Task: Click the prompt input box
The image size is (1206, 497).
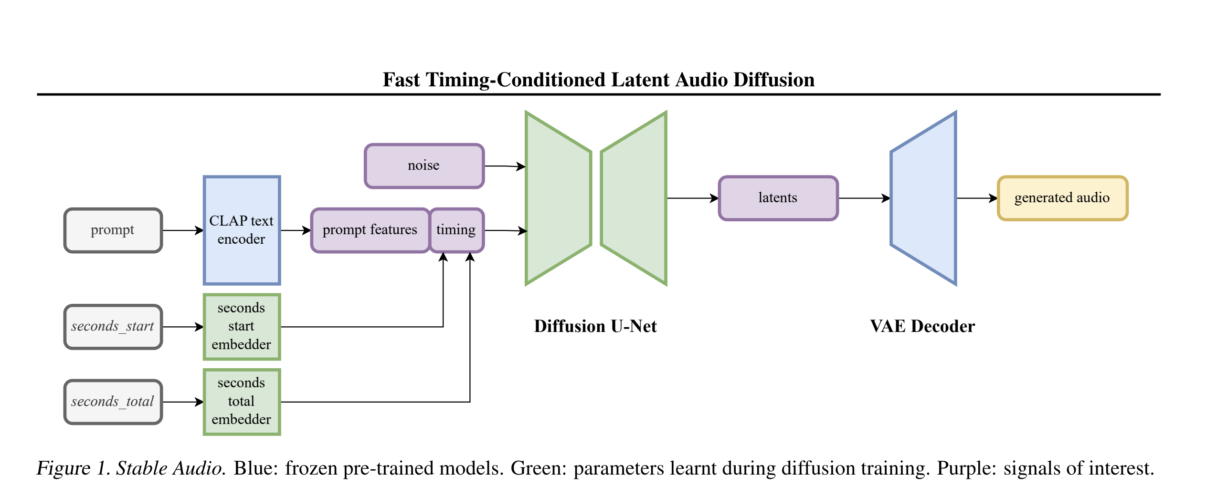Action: (113, 230)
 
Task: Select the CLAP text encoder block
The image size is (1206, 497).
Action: (242, 230)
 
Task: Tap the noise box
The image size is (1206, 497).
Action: (424, 166)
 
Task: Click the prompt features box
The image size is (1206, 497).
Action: (370, 230)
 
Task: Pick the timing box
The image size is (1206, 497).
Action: (456, 230)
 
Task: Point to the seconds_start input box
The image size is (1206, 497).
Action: (113, 327)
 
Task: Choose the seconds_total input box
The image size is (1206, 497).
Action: (113, 402)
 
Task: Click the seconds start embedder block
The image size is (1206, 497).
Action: (242, 327)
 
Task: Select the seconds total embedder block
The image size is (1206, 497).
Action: (242, 402)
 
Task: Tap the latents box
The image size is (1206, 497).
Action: (778, 198)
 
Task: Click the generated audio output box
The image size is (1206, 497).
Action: (1062, 198)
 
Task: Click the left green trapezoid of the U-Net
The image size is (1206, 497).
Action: (558, 198)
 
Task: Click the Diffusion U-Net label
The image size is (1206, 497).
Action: (595, 326)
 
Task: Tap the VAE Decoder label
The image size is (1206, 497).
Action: (922, 326)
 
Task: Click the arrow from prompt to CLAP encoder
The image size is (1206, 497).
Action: (183, 230)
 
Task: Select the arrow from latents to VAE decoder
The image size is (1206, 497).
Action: (864, 198)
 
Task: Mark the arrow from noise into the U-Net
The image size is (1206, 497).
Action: (505, 166)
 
